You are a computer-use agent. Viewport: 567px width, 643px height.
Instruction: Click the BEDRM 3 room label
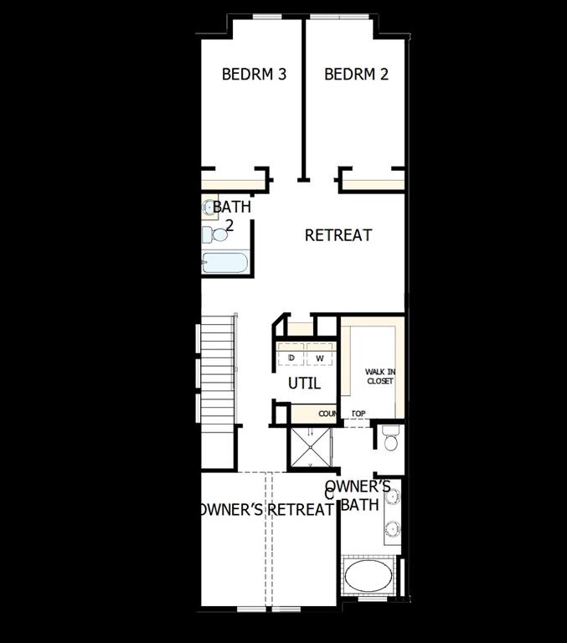[x=254, y=75]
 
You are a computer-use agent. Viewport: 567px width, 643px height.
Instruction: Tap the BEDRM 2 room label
[x=356, y=75]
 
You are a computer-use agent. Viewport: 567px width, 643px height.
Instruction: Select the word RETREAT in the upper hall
[x=338, y=235]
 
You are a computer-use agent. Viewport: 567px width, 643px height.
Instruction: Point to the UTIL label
[x=305, y=384]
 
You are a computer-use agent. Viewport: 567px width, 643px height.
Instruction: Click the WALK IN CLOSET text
[x=379, y=376]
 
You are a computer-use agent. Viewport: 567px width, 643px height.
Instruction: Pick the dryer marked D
[x=291, y=358]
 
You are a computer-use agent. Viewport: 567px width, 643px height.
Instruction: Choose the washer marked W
[x=319, y=358]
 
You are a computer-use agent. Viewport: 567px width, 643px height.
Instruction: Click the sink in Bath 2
[x=208, y=206]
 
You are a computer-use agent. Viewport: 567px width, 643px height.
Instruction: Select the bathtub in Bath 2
[x=224, y=263]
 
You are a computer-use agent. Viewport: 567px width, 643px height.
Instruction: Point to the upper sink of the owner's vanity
[x=392, y=497]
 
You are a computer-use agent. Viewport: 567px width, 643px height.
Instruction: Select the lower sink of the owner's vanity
[x=392, y=528]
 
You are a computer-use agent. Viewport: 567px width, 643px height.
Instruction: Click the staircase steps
[x=219, y=368]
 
